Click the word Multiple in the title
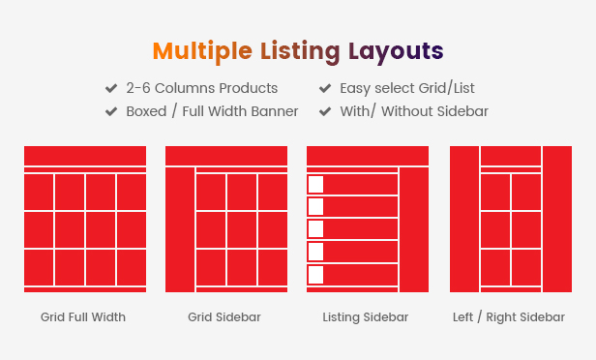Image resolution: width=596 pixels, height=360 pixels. tap(202, 51)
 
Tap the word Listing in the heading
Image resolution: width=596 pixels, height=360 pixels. tap(300, 51)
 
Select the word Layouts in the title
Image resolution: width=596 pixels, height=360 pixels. tap(396, 51)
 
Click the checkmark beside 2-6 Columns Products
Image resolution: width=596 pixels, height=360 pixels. tap(111, 88)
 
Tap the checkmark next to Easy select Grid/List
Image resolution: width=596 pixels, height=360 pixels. tap(325, 88)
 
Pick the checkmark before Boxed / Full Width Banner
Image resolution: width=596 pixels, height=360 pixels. tap(111, 111)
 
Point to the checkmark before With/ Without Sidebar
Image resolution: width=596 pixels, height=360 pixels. tap(325, 111)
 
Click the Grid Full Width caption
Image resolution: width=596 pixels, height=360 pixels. tap(83, 317)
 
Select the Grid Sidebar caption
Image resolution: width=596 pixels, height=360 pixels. tap(224, 317)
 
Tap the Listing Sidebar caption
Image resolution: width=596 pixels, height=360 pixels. tap(366, 317)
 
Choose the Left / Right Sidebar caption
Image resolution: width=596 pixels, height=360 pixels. tap(509, 317)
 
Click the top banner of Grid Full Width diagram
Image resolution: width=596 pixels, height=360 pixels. tap(85, 156)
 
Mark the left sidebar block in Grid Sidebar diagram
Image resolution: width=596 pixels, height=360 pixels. tap(180, 229)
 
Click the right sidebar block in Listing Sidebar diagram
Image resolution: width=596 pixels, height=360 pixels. tap(414, 229)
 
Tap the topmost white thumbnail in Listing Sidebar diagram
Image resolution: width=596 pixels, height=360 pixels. tap(315, 185)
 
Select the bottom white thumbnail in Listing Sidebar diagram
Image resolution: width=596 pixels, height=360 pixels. tap(315, 275)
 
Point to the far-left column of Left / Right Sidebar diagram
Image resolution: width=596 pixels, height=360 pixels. tap(464, 219)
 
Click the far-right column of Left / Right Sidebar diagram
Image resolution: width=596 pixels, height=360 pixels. tap(557, 219)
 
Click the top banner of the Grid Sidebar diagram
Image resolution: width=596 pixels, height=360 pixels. tap(226, 156)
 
